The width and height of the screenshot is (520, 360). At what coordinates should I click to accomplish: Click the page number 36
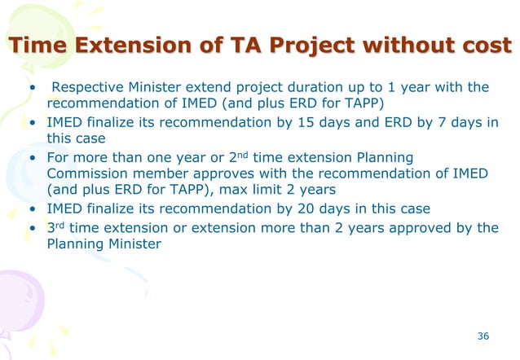[x=483, y=336]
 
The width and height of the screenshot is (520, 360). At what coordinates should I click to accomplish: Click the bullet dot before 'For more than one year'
[x=33, y=157]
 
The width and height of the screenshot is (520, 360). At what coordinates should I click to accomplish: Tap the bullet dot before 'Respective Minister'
[x=33, y=88]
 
